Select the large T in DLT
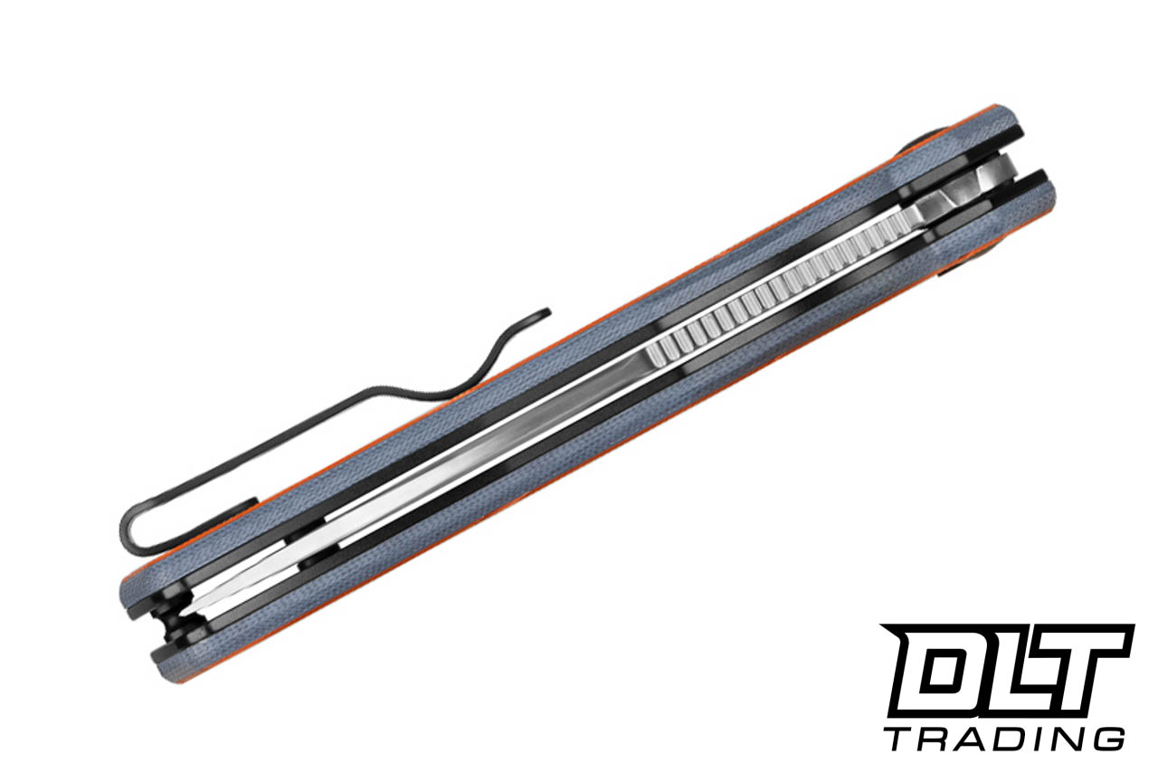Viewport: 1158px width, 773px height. point(1086,670)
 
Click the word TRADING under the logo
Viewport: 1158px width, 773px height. point(1004,738)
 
